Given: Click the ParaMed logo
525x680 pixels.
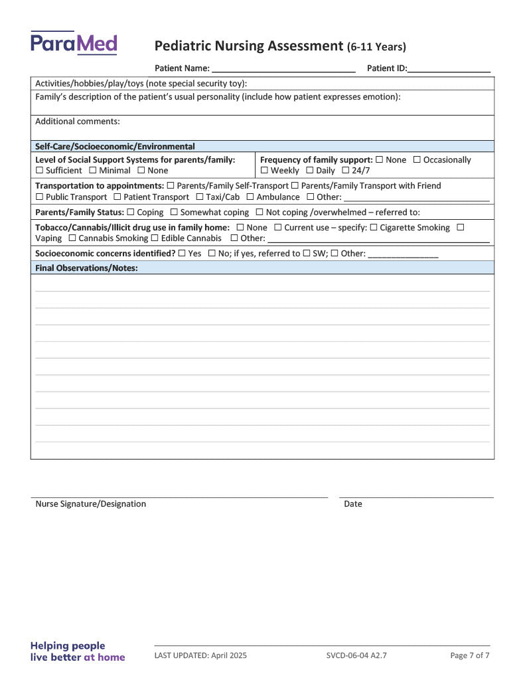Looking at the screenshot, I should point(74,44).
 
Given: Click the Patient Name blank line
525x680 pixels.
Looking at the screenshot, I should point(283,68).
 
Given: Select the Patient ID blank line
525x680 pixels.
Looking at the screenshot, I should point(449,68).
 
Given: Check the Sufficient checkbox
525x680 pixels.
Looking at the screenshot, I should point(39,171).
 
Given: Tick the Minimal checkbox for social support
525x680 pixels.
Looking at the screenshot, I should point(93,171).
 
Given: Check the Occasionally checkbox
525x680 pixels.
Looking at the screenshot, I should point(417,160).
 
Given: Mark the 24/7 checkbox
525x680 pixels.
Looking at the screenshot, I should point(345,171).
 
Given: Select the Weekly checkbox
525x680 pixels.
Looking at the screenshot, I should point(264,171).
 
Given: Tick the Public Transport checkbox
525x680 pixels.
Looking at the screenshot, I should point(39,197).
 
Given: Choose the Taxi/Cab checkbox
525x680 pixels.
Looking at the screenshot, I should point(200,197).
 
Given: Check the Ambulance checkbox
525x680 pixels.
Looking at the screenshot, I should point(250,197).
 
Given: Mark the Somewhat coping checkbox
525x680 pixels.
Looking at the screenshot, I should point(174,212).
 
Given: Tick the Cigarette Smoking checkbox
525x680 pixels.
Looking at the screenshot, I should point(373,228).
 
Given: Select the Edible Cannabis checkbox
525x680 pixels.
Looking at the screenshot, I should point(154,238).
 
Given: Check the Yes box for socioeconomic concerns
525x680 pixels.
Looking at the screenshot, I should point(182,254).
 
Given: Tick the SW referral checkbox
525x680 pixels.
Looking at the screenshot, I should point(307,254).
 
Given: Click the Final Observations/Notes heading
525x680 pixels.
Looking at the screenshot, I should point(86,268).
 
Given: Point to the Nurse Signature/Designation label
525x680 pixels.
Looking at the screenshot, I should point(91,504).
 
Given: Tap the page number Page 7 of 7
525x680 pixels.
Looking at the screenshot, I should point(470,655).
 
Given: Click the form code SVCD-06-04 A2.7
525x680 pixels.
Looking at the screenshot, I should point(356,655).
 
